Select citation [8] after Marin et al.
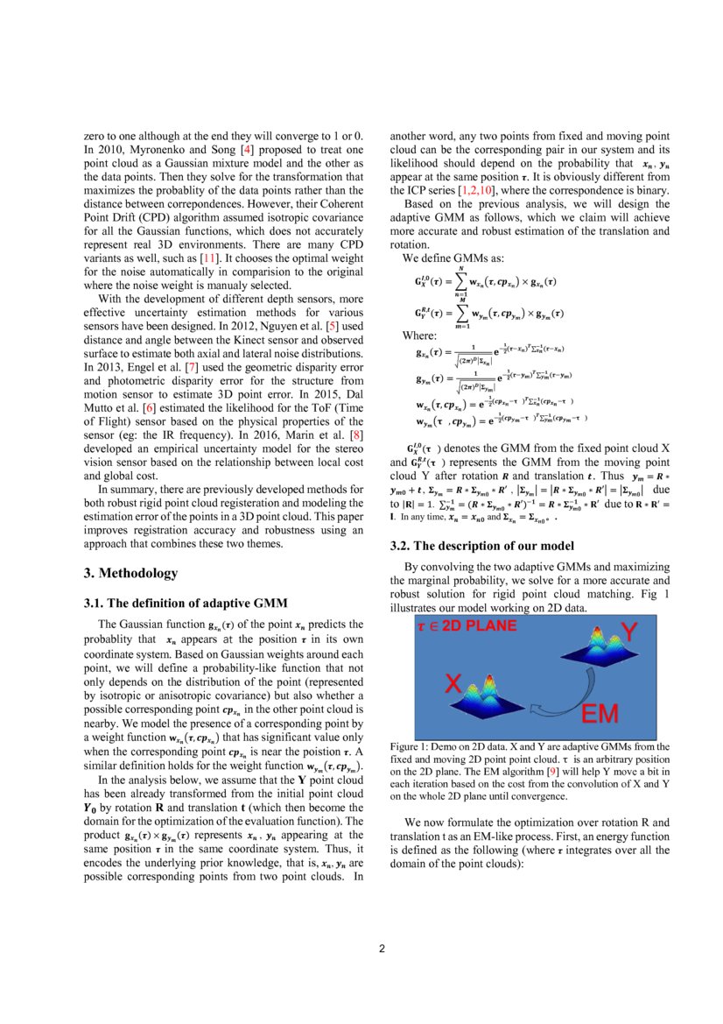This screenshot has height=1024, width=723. tap(356, 434)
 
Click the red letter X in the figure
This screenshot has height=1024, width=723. tap(453, 684)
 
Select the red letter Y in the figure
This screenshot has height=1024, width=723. tap(629, 631)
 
